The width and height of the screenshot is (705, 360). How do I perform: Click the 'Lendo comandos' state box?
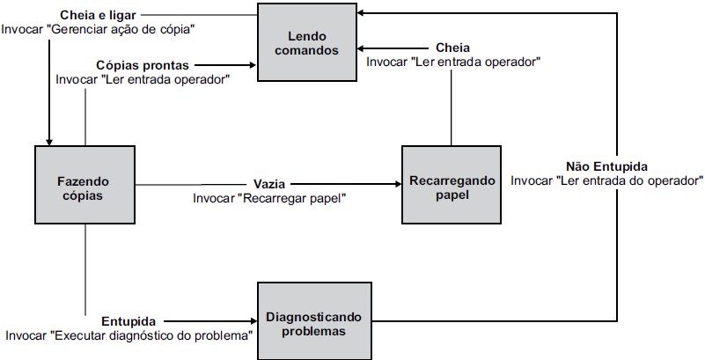click(x=307, y=42)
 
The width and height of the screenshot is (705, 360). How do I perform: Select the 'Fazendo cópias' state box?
click(x=85, y=185)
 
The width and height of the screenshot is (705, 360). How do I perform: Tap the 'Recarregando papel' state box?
click(x=452, y=185)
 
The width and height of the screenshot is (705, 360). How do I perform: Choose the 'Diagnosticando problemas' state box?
click(x=314, y=321)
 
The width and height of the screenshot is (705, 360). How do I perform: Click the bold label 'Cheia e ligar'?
click(x=98, y=16)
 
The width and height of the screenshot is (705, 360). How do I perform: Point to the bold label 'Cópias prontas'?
click(x=143, y=66)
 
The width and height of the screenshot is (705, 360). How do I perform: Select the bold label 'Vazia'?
click(x=268, y=184)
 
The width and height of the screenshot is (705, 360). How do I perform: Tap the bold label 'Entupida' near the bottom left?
click(x=129, y=322)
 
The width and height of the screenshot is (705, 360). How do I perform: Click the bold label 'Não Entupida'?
click(x=606, y=166)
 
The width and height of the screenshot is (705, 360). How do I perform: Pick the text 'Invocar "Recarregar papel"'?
click(x=270, y=198)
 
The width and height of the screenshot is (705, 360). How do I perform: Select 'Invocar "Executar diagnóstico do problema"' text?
click(x=129, y=335)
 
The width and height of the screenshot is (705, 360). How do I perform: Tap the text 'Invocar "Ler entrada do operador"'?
click(x=606, y=180)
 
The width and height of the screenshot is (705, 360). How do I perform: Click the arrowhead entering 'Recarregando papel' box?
click(x=398, y=184)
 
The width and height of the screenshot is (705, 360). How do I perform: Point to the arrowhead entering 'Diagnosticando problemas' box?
click(x=253, y=321)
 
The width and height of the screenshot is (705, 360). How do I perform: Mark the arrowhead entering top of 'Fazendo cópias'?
click(x=49, y=142)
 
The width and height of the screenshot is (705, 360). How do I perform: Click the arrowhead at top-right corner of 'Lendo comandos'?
click(x=362, y=13)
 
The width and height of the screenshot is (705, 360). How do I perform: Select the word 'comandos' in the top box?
click(x=306, y=50)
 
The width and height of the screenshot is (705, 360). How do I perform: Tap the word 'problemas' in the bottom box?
click(x=314, y=332)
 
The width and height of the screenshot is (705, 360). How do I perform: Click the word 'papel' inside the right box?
click(x=452, y=195)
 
